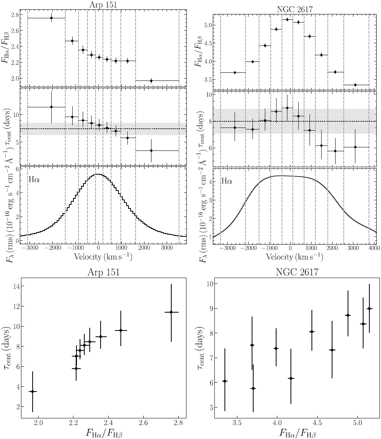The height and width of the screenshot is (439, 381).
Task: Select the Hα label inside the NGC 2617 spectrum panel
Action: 227,180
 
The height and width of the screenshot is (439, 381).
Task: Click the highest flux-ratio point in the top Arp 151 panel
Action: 51,18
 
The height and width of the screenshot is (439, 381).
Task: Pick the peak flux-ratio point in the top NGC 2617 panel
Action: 287,19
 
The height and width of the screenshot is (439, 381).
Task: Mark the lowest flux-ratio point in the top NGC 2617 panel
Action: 355,85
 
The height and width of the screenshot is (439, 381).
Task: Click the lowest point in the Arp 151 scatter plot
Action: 33,392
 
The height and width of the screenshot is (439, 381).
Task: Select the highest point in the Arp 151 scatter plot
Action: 171,312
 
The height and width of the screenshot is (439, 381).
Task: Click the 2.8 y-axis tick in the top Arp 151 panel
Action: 18,15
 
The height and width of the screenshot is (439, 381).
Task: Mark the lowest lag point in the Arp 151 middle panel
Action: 151,150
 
